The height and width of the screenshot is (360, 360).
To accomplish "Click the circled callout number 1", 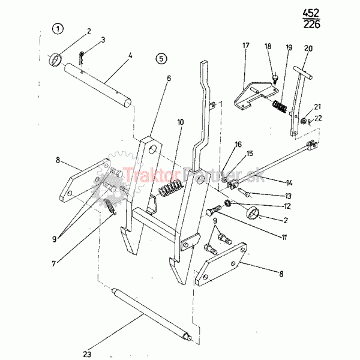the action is [x=58, y=29].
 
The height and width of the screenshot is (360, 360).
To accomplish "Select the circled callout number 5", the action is [x=161, y=59].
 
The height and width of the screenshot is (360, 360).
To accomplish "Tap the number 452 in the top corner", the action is [x=311, y=13].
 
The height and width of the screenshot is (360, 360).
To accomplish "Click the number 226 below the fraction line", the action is [x=311, y=24].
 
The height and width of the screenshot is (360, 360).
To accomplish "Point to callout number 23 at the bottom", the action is [x=87, y=354].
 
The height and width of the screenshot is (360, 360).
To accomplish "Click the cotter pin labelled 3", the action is [x=81, y=60].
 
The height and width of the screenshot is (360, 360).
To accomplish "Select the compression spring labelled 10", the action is [x=170, y=187].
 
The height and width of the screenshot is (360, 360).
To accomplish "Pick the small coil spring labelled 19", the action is [x=280, y=107].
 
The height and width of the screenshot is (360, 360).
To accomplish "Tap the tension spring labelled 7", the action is [x=110, y=206].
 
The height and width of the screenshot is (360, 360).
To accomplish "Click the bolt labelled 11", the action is [x=214, y=211].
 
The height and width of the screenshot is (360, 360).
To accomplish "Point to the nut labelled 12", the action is [x=227, y=203].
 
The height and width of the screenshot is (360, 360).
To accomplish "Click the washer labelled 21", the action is [x=304, y=121].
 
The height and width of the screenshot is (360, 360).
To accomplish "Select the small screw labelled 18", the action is [x=275, y=79].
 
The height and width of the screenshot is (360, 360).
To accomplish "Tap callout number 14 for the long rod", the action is [x=289, y=183].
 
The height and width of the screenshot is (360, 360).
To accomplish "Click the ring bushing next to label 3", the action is [x=55, y=61].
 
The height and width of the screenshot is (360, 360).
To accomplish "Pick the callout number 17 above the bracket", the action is [x=245, y=45].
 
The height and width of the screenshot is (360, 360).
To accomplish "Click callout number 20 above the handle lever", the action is [x=308, y=49].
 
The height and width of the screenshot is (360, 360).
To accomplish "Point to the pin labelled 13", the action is [x=244, y=192].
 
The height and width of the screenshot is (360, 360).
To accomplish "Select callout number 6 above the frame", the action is [x=169, y=78].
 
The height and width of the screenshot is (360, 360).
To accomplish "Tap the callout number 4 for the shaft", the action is [x=130, y=56].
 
